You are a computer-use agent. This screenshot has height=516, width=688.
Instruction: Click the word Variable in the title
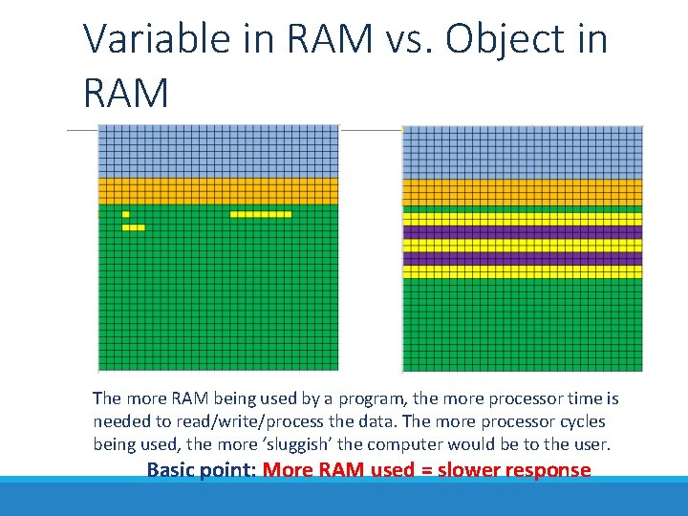click(143, 40)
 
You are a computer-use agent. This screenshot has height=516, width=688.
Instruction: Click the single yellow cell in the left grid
click(125, 214)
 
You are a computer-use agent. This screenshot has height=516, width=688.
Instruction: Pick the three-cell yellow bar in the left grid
click(134, 227)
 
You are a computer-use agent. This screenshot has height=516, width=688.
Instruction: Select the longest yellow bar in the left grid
click(260, 214)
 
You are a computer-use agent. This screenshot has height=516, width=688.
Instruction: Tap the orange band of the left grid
click(218, 191)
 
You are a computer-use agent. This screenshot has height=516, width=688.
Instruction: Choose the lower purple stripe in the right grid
click(522, 259)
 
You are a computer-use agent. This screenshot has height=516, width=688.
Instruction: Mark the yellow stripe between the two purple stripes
click(522, 246)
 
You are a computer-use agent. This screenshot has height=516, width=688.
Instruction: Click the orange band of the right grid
click(522, 192)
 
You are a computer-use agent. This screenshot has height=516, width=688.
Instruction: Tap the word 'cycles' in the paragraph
click(582, 421)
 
